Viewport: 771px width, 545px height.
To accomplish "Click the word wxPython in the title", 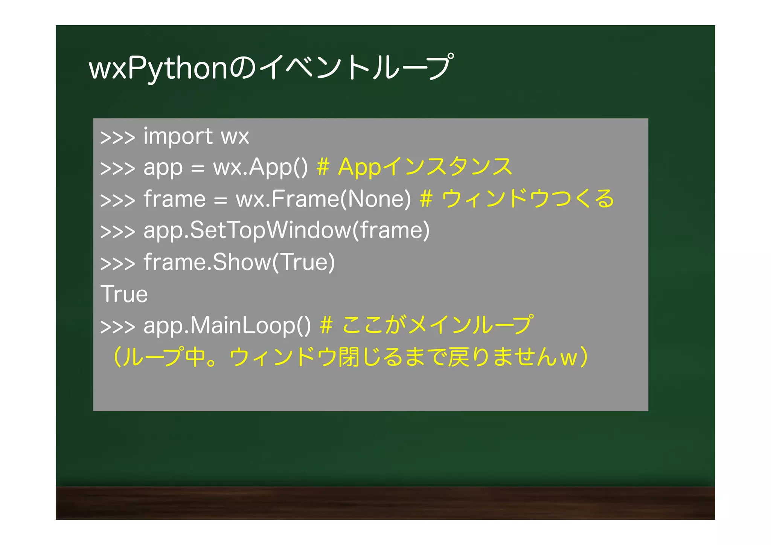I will (x=158, y=68).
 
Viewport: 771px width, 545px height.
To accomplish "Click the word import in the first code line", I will (x=178, y=136).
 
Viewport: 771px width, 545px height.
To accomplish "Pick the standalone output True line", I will (x=124, y=294).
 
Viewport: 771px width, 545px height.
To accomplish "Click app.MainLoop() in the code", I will (x=227, y=325).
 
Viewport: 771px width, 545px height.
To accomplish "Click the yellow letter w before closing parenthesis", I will (x=568, y=358).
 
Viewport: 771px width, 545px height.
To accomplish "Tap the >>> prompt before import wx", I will (x=117, y=137).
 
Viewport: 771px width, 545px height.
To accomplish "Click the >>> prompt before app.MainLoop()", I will (x=117, y=327).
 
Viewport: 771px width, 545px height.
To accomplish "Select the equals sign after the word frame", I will (x=221, y=200).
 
